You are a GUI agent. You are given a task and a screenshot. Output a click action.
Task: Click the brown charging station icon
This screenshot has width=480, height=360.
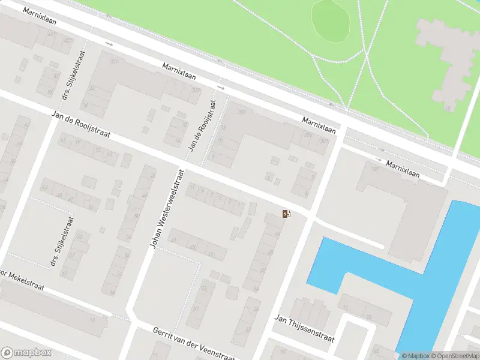(x=286, y=214)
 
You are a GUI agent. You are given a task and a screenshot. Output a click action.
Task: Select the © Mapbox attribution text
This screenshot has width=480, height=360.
(x=415, y=356)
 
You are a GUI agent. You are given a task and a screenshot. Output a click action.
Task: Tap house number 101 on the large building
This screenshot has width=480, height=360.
(x=375, y=170)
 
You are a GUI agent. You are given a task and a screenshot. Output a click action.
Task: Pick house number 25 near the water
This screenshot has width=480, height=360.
(x=369, y=316)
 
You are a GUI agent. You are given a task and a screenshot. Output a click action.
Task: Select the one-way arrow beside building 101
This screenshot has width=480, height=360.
(x=379, y=160)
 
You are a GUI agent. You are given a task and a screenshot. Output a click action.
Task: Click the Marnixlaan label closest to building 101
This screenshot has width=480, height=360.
(x=403, y=168)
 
